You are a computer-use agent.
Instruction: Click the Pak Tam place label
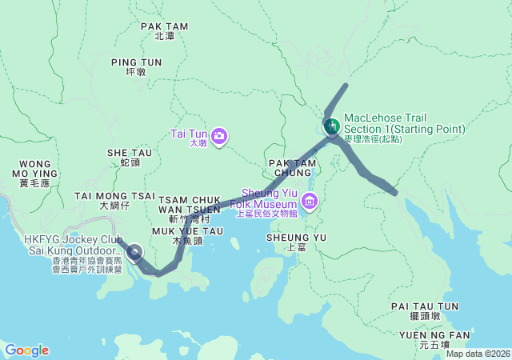(x=164, y=30)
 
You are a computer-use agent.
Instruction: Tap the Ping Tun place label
(x=136, y=66)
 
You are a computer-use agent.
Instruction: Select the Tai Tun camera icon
(x=218, y=135)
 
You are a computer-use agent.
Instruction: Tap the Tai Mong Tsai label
(x=114, y=200)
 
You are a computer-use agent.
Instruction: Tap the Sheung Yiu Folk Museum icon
(x=309, y=200)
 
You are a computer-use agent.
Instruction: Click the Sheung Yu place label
(x=297, y=242)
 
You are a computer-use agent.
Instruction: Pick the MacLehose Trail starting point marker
(x=330, y=126)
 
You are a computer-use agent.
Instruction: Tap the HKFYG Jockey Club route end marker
(x=135, y=254)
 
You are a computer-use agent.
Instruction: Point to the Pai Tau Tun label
(x=425, y=310)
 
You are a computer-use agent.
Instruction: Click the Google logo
(x=26, y=350)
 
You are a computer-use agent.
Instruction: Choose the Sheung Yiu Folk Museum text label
(x=269, y=202)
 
